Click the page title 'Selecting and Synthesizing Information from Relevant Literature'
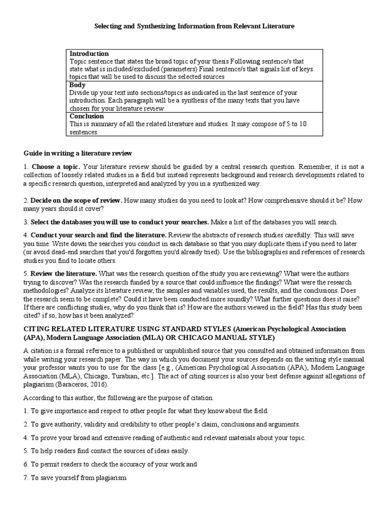[x=194, y=25]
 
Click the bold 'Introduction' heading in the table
[x=89, y=54]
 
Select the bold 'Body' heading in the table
[x=77, y=85]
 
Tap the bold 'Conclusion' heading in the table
[x=87, y=116]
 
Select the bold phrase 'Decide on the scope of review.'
[x=76, y=200]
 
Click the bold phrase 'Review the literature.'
[x=63, y=273]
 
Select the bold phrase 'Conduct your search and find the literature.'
[x=98, y=235]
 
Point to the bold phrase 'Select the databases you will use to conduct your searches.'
[x=120, y=222]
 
